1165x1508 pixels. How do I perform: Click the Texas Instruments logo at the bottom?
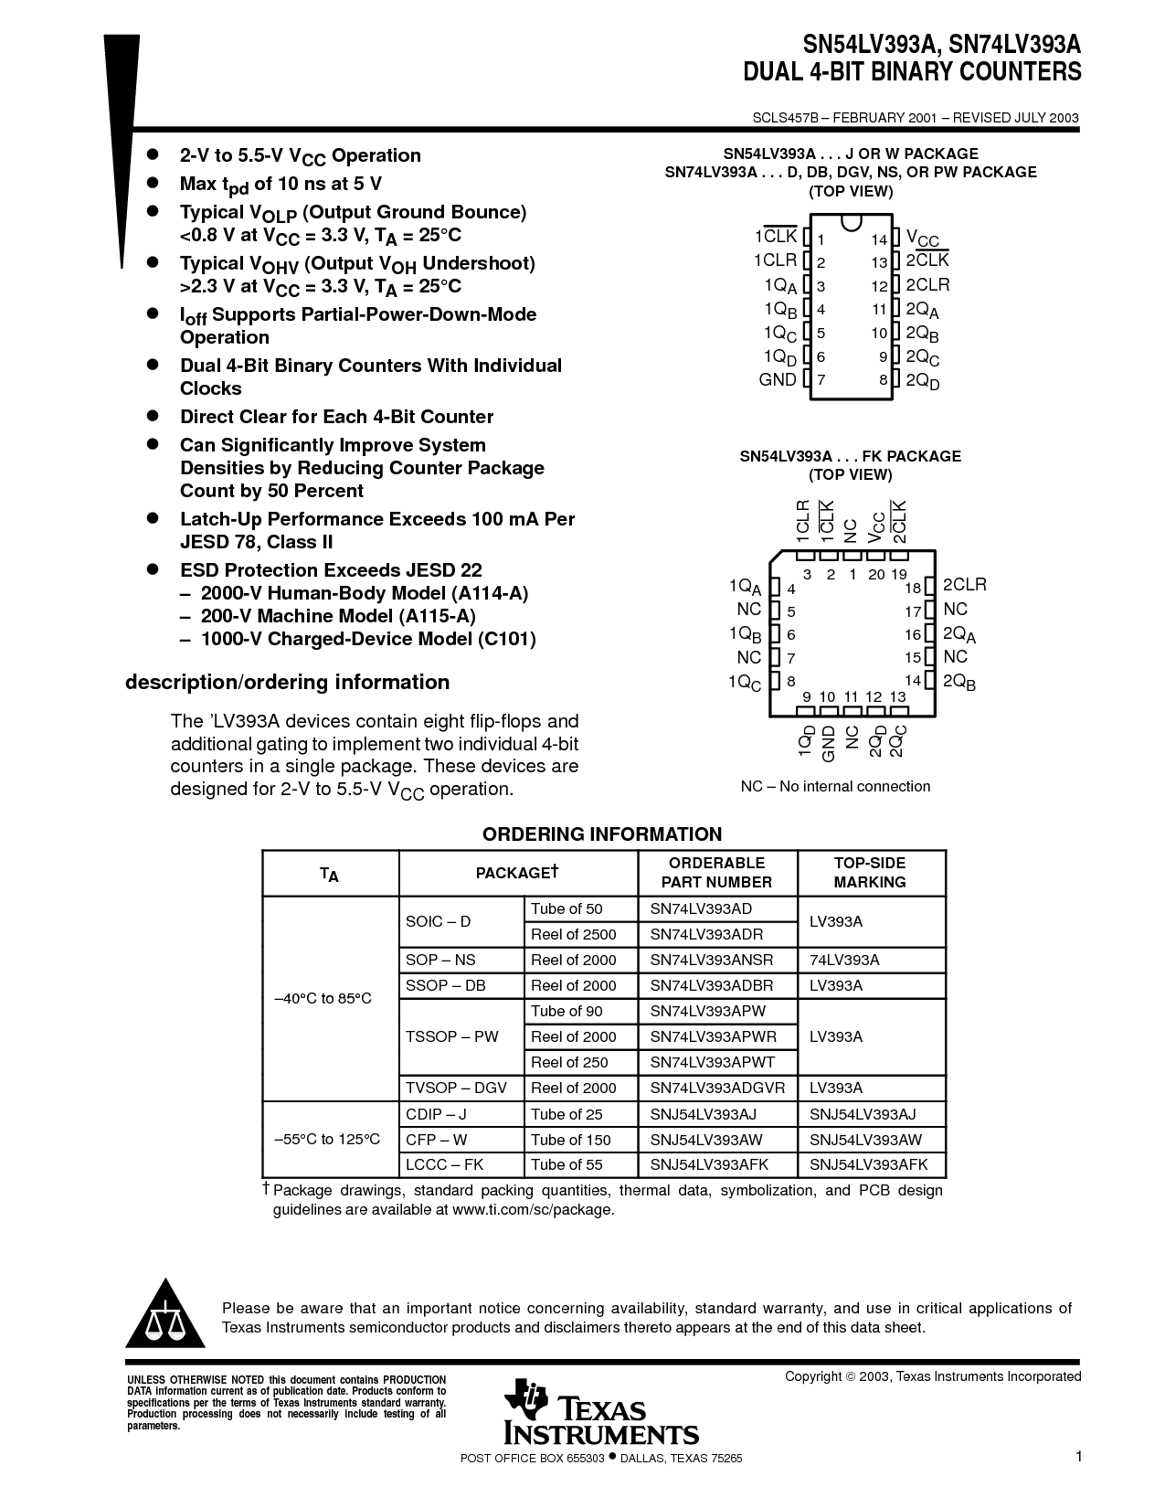point(600,1413)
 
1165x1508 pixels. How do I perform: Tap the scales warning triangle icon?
point(165,1313)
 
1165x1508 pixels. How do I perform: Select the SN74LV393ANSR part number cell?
point(712,960)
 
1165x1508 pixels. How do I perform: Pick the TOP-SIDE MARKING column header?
point(870,872)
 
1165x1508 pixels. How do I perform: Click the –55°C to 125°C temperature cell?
point(327,1140)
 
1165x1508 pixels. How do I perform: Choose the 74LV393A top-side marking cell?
point(844,960)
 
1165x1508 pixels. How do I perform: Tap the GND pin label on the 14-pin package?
point(778,379)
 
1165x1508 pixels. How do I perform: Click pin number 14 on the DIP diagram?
point(879,239)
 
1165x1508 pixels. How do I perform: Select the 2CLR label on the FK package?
point(965,585)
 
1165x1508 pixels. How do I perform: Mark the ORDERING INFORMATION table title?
point(602,834)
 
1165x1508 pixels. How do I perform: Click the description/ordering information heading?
point(287,682)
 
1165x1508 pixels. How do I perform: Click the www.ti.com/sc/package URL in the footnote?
point(533,1209)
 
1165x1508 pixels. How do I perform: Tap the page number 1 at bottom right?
point(1078,1456)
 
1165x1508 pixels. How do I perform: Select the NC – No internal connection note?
point(835,786)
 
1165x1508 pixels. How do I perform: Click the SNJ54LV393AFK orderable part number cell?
point(710,1165)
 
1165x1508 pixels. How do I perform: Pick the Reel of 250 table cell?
point(568,1062)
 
